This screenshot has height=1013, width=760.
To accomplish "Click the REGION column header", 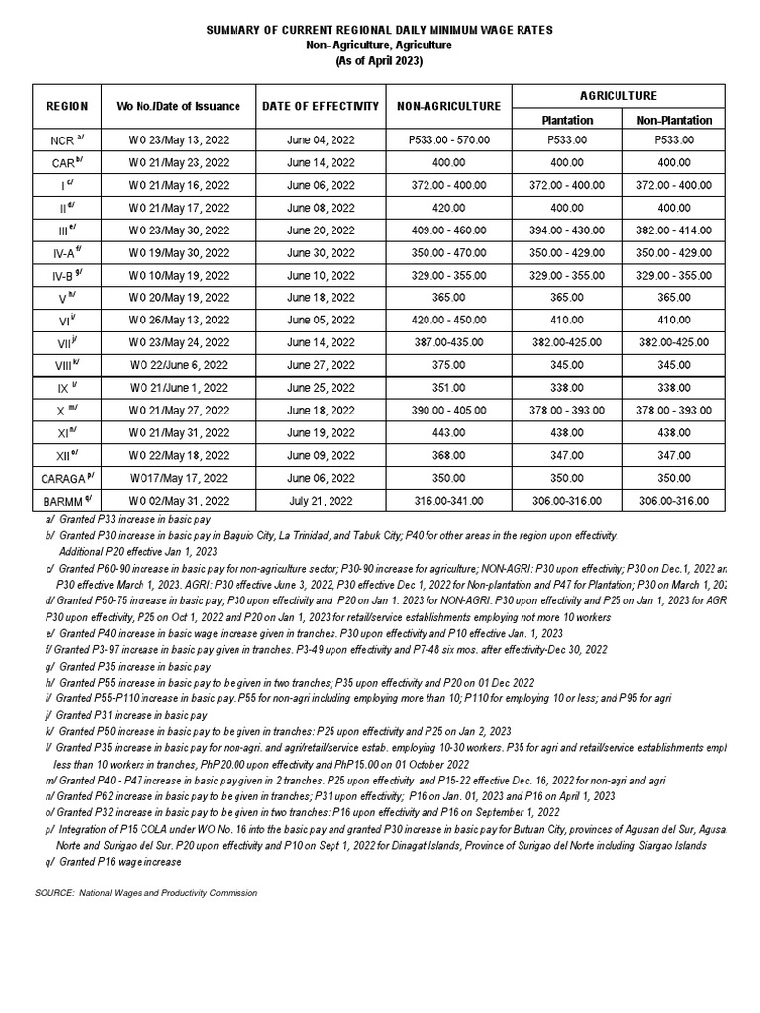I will [66, 106].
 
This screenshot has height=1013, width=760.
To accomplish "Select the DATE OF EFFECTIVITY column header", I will [320, 106].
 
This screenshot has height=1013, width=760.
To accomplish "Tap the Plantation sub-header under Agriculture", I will [567, 120].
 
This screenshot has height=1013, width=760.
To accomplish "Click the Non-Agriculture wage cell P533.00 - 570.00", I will [448, 140].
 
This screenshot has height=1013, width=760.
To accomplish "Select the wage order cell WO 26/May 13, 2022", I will [179, 321].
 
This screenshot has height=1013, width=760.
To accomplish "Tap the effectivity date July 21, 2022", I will [320, 502].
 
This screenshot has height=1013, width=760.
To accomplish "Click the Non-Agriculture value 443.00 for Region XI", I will [448, 433].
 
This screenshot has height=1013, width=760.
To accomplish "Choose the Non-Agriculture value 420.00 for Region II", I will [448, 208].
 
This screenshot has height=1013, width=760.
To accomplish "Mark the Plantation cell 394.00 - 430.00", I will [567, 230].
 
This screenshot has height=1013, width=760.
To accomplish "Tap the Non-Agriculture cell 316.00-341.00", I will [448, 502].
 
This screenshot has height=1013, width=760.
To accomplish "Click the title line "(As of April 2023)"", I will [379, 61].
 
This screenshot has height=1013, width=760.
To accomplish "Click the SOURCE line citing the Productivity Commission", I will [146, 893].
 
